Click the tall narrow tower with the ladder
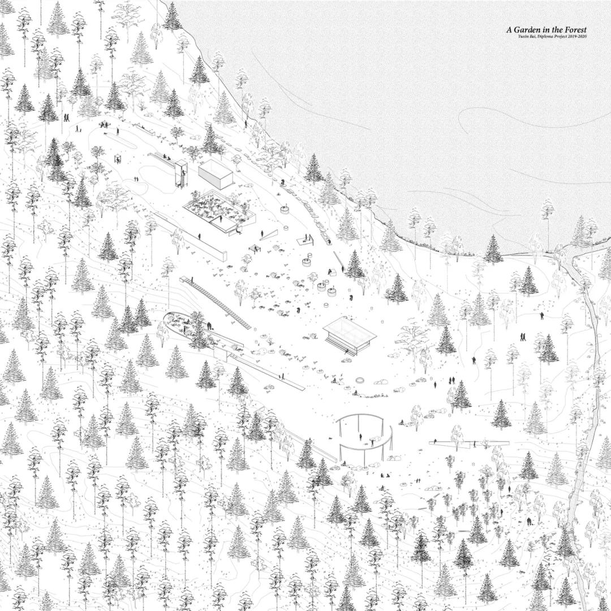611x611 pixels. tap(181, 174)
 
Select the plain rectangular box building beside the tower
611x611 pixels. tap(216, 174)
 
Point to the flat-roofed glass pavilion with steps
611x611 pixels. tap(350, 335)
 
